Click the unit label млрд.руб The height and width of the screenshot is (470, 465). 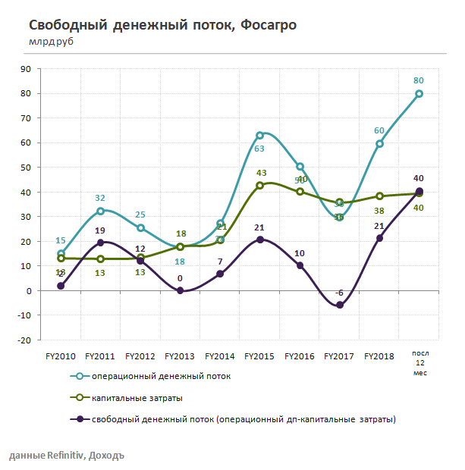pyautogui.click(x=51, y=41)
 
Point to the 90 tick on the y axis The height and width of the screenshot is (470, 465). pyautogui.click(x=46, y=68)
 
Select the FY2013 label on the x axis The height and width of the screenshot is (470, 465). pyautogui.click(x=180, y=355)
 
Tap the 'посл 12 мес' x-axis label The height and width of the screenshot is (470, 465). pyautogui.click(x=419, y=362)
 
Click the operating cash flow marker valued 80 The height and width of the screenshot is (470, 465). pyautogui.click(x=419, y=94)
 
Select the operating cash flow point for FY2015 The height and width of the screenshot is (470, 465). pyautogui.click(x=259, y=136)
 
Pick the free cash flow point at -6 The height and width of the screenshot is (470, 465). pyautogui.click(x=339, y=305)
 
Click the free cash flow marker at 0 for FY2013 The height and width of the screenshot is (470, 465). pyautogui.click(x=180, y=290)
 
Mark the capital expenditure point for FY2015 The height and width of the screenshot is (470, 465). pyautogui.click(x=259, y=185)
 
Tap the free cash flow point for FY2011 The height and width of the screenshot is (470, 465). pyautogui.click(x=100, y=243)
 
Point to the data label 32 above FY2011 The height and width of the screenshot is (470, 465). pyautogui.click(x=100, y=199)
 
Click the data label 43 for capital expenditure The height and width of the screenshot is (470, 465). pyautogui.click(x=260, y=173)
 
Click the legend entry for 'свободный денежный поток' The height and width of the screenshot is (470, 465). pyautogui.click(x=243, y=418)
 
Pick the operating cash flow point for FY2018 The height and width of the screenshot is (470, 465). pyautogui.click(x=379, y=143)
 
